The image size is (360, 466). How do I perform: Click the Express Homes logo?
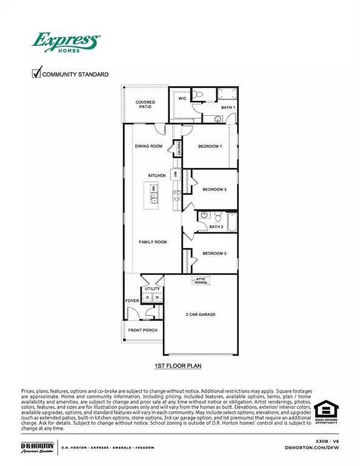pos(66,44)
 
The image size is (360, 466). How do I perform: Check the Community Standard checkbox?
pos(36,74)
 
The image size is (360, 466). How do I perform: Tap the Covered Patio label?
pos(145,104)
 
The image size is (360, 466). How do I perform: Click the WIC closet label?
pos(182,98)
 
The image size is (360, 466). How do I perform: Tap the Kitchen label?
pos(157,175)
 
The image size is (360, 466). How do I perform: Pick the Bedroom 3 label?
pos(214,189)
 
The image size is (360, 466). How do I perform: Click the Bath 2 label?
pos(216,227)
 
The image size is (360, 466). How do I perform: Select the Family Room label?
pos(152,242)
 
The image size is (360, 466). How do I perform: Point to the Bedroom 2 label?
pos(214,253)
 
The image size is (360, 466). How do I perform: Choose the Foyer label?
pos(132,300)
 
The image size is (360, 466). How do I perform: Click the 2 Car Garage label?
pos(200,315)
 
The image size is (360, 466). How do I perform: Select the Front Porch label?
pos(142,330)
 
